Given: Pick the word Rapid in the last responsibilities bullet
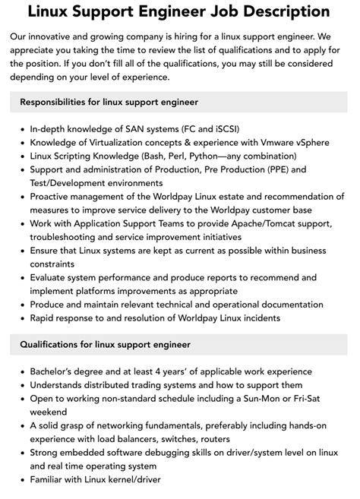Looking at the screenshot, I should tap(45, 320).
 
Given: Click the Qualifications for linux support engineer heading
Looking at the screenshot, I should tap(105, 344).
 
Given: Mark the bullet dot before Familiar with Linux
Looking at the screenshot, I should tap(21, 481).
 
